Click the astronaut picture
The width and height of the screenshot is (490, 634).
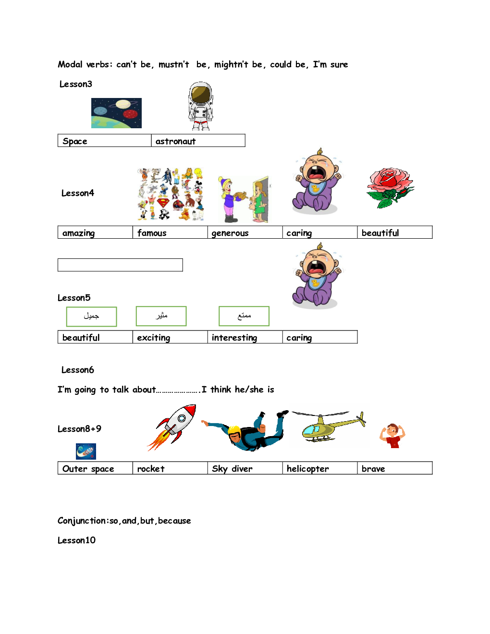[201, 106]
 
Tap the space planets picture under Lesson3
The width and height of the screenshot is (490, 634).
[116, 113]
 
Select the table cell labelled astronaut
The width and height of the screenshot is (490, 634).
[198, 141]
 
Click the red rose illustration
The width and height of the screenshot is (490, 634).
[390, 187]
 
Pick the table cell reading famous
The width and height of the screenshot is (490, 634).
[170, 232]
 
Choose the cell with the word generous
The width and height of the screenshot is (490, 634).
[245, 232]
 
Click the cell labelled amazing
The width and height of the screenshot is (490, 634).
[95, 232]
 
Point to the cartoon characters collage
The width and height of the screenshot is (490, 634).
[170, 194]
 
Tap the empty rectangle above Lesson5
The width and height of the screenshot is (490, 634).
[120, 265]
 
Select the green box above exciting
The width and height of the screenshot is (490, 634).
[161, 316]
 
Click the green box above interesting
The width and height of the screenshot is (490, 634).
[244, 316]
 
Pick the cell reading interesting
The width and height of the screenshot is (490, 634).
[245, 337]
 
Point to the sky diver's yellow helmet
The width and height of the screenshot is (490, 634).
[234, 430]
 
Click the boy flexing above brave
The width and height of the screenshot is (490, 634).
[392, 435]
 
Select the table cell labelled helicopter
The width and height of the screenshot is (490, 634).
[319, 468]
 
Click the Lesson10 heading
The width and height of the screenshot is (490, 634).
[76, 540]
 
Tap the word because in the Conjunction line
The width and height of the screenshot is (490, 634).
[174, 521]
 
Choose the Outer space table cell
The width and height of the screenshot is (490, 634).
[95, 468]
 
